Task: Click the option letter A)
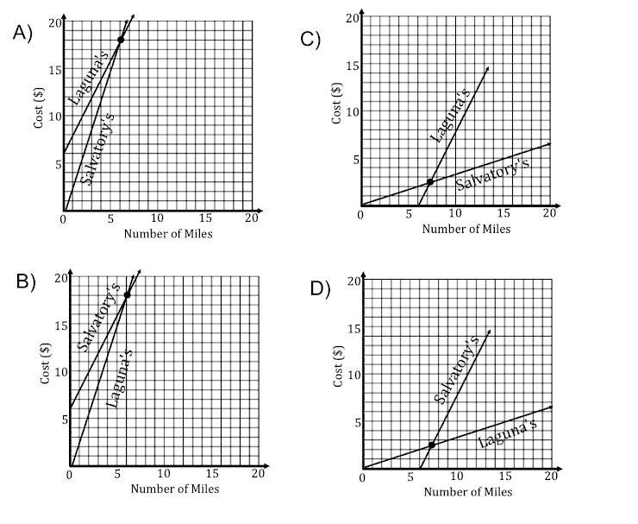(22, 32)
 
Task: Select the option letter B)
(25, 284)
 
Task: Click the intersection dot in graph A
(121, 40)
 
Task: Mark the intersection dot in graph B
(128, 295)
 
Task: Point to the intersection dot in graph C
(429, 181)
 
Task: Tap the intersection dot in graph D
(431, 445)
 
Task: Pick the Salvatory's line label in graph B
(97, 317)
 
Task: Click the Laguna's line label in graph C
(449, 118)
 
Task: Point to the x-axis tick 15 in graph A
(204, 218)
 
